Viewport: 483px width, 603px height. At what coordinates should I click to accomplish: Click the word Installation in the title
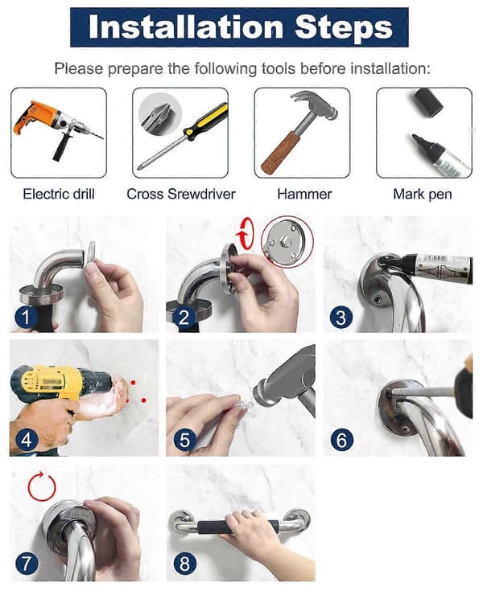pyautogui.click(x=186, y=27)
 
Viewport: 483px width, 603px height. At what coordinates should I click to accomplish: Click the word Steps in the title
pyautogui.click(x=344, y=28)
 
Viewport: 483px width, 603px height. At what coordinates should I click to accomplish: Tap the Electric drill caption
pyautogui.click(x=59, y=194)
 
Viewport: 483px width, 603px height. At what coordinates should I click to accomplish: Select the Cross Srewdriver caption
pyautogui.click(x=180, y=194)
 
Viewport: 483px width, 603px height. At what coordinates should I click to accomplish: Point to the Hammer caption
pyautogui.click(x=304, y=194)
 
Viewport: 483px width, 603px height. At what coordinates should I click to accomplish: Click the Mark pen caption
pyautogui.click(x=422, y=195)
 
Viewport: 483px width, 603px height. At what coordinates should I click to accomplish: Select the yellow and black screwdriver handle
pyautogui.click(x=206, y=119)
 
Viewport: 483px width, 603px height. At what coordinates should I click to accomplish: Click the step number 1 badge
pyautogui.click(x=26, y=318)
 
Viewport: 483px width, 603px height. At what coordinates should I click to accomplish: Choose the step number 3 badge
pyautogui.click(x=341, y=318)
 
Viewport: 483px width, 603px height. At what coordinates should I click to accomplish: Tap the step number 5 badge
pyautogui.click(x=184, y=441)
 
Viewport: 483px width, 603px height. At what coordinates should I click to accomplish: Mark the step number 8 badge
pyautogui.click(x=185, y=564)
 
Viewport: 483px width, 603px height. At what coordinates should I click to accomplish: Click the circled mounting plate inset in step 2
pyautogui.click(x=287, y=242)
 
